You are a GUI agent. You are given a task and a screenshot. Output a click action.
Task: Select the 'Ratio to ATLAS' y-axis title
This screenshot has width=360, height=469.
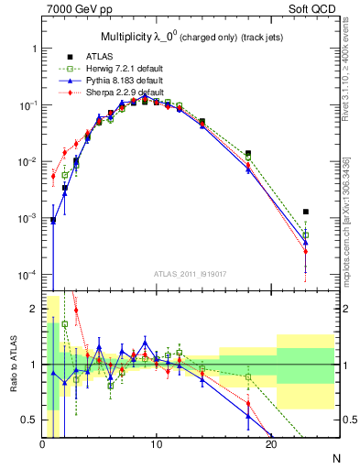[x=13, y=365]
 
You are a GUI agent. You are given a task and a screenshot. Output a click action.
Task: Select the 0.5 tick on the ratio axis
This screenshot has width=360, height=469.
[x=30, y=420]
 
